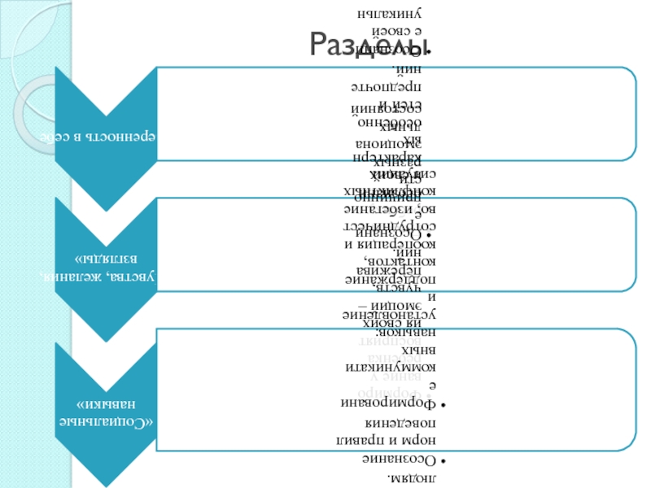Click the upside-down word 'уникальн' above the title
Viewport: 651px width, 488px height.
[390, 14]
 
